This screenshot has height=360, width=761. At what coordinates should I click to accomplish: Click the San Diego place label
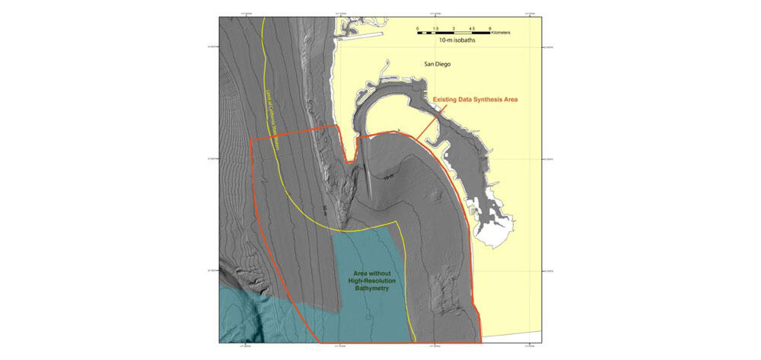(x=437, y=65)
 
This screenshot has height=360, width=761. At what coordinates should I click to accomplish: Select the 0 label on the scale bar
(x=418, y=28)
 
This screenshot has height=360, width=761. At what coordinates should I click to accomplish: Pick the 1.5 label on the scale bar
(x=436, y=28)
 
